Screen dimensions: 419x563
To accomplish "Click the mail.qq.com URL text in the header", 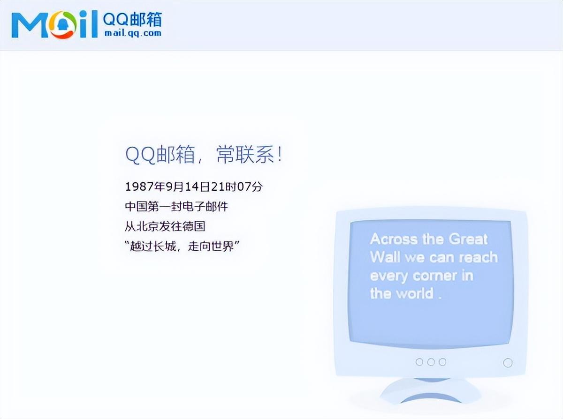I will pos(132,33).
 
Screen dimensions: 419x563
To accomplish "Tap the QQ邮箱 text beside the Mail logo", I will pos(132,19).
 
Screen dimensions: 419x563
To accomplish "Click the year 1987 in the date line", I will pos(139,187).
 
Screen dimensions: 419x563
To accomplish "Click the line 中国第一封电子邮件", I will pos(176,206).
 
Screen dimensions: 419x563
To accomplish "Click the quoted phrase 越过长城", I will pos(153,246).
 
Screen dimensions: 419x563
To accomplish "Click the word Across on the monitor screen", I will pos(393,239).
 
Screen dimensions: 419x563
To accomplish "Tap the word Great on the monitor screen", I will pos(468,239).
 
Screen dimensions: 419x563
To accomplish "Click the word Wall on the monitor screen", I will pos(385,257).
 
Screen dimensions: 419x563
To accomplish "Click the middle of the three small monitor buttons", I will pos(431,362).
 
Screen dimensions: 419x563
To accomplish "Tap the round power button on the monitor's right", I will pos(508,363).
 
